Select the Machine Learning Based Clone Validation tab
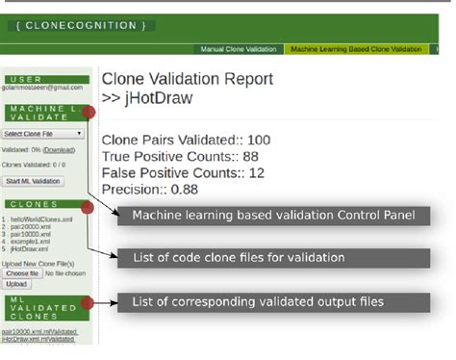(356, 48)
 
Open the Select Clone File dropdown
(42, 135)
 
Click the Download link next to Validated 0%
(59, 151)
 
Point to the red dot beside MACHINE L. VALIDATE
(89, 112)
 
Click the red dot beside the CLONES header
(89, 205)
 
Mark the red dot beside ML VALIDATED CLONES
(89, 303)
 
